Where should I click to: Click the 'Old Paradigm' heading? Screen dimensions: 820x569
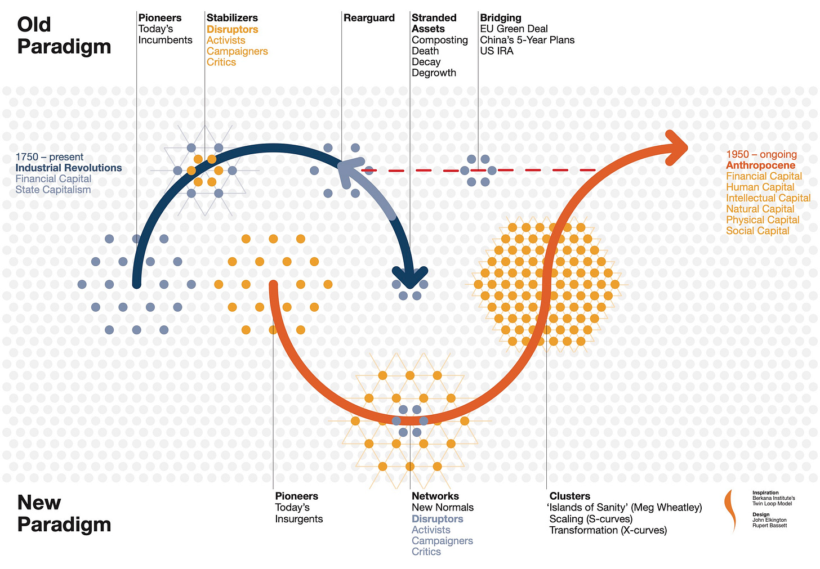[64, 35]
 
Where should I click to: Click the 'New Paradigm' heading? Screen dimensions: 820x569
[64, 513]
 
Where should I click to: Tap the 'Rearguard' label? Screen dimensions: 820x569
[369, 18]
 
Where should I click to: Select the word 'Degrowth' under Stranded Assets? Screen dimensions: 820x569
[434, 73]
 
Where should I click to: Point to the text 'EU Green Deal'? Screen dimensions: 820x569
[514, 29]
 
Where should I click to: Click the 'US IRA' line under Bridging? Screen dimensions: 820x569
[496, 51]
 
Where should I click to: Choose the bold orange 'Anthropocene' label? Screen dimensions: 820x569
[760, 165]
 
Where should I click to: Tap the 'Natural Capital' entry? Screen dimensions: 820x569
[760, 209]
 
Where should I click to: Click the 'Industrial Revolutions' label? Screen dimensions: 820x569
[69, 168]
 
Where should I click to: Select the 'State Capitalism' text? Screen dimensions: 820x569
[53, 190]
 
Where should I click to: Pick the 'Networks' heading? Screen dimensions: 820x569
[435, 496]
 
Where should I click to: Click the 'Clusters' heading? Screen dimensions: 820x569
[570, 496]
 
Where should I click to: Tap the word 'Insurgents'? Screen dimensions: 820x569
[299, 519]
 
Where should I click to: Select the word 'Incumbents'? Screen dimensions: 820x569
[165, 40]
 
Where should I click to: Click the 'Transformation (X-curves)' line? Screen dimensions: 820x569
[608, 530]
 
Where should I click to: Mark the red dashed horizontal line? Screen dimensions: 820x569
[529, 170]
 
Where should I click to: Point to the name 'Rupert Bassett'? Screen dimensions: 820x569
[769, 526]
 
